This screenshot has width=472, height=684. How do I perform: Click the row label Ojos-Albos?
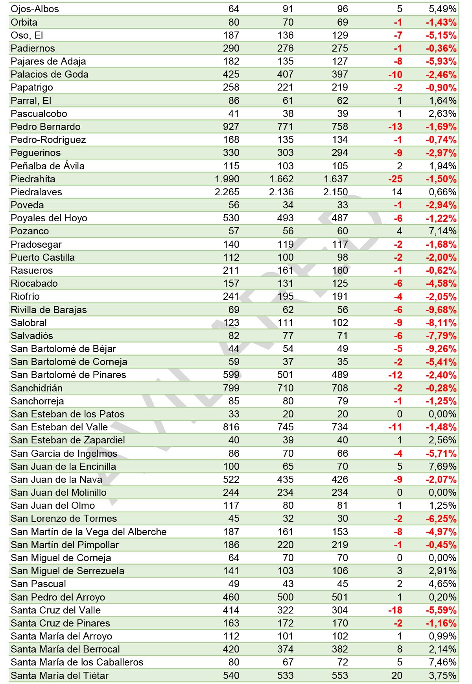pos(35,9)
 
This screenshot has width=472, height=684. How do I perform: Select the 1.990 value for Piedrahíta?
pos(227,179)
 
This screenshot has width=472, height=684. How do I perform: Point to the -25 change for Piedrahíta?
pos(395,179)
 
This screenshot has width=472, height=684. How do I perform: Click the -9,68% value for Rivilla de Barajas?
pos(441,310)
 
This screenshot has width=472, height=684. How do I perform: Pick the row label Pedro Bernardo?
pos(46,127)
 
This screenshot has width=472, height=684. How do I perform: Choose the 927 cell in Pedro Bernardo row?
pos(231,127)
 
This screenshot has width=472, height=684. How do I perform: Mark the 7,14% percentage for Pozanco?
pos(442,231)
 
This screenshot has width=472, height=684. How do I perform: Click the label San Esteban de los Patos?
pos(68,414)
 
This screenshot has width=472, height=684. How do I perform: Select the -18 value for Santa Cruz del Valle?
pos(395,610)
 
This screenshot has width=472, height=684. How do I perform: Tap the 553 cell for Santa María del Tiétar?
pos(339,676)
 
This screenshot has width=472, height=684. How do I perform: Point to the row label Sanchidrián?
pos(37,388)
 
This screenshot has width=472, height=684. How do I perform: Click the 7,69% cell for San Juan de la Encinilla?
pos(442,467)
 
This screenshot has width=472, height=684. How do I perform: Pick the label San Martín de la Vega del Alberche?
pos(88,532)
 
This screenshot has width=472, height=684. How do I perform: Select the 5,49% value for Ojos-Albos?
pos(442,9)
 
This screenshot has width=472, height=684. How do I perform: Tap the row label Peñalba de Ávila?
pos(48,166)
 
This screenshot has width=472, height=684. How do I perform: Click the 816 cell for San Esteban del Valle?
pos(231,427)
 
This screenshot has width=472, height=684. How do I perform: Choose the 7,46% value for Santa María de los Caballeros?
pos(442,662)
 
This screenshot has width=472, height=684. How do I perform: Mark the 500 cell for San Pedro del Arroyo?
pos(285,597)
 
